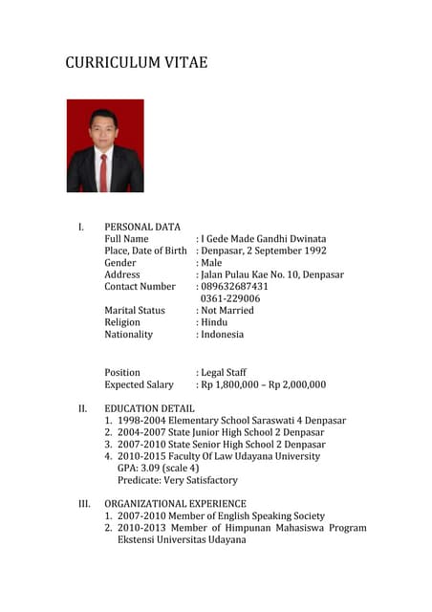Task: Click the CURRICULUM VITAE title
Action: [136, 63]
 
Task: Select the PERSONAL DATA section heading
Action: [142, 227]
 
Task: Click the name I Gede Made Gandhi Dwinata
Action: [263, 238]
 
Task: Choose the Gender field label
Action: [120, 263]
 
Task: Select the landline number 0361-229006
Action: [230, 298]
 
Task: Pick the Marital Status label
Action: [135, 311]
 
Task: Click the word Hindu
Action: [215, 322]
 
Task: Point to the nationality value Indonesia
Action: [223, 335]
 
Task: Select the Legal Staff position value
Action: [224, 372]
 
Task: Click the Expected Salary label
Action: [140, 384]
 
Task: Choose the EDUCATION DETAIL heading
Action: [150, 408]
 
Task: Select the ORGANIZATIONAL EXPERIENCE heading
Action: [175, 503]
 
